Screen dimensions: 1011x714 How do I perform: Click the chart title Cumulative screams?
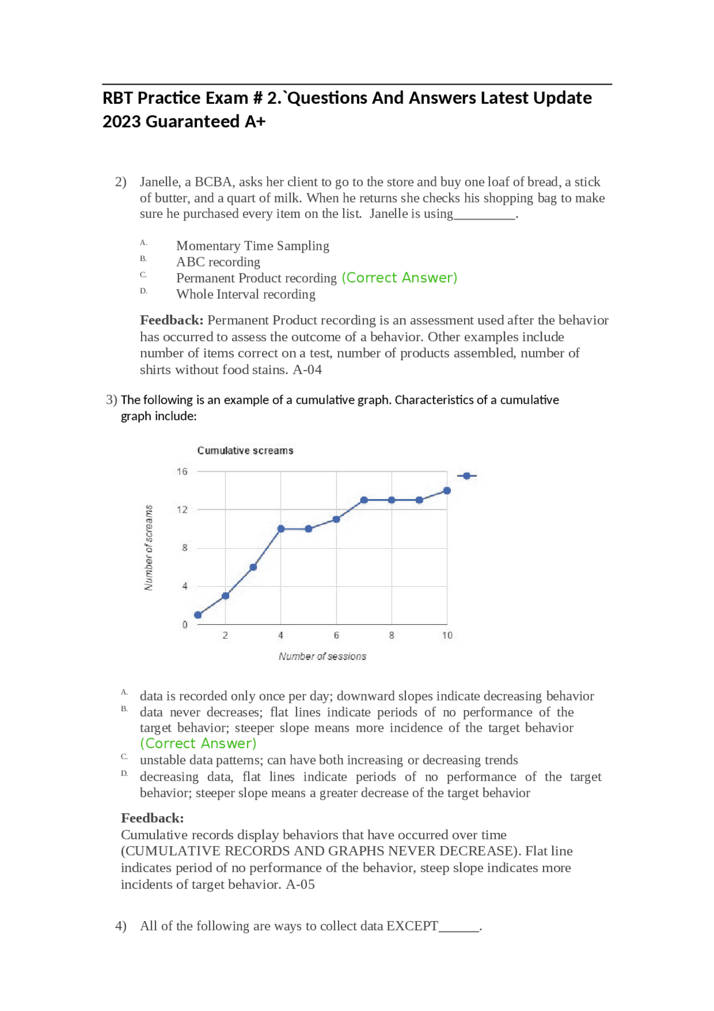click(245, 451)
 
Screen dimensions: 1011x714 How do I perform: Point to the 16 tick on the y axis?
click(182, 472)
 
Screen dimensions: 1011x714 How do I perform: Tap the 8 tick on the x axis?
click(392, 635)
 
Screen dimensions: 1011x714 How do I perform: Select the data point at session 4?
click(281, 529)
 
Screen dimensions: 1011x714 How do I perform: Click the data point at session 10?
click(447, 491)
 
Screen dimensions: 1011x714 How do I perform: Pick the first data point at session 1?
click(198, 615)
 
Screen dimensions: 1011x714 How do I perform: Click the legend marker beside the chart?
click(467, 476)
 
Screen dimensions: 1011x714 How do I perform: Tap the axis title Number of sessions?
click(322, 657)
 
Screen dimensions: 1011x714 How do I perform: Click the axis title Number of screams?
click(149, 547)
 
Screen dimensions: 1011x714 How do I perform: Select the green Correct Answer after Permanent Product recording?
click(399, 277)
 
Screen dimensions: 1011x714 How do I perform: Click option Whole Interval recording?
click(245, 294)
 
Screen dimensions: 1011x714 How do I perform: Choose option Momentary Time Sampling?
click(253, 246)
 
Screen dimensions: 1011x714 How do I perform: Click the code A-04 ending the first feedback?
click(307, 370)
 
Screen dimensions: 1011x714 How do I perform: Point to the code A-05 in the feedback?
click(301, 884)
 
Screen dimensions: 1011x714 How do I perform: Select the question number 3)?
click(112, 400)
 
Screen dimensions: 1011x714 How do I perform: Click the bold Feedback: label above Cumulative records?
click(152, 818)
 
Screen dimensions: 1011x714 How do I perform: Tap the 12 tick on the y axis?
click(182, 510)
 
